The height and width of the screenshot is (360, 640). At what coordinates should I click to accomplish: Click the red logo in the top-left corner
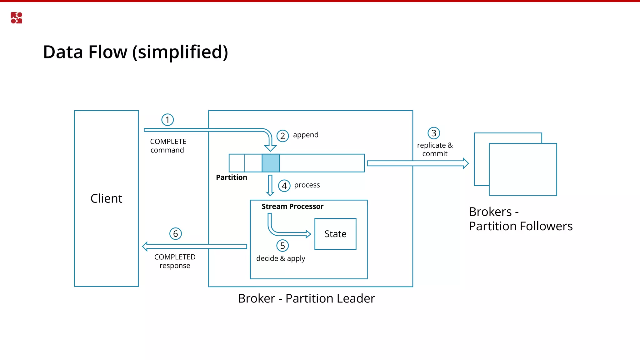pos(16,18)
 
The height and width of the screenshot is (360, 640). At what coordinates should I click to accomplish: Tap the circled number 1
pos(167,120)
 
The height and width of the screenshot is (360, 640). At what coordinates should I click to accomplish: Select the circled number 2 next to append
pos(282,136)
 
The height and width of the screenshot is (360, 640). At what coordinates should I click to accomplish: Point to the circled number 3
pos(434,133)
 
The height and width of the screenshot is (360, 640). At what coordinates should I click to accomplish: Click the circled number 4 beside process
pos(284,186)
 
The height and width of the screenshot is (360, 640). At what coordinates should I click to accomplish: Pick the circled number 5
pos(282,246)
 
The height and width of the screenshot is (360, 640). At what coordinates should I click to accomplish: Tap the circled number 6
pos(176,234)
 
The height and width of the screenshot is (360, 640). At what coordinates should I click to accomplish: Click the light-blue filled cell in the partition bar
pos(271,163)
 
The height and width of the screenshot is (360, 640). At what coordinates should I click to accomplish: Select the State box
pos(335,234)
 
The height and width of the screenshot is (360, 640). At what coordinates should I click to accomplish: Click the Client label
pos(106,198)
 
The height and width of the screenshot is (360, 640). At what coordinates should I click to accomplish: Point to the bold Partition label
pos(232,177)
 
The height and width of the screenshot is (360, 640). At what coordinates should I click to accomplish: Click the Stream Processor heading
pos(292,207)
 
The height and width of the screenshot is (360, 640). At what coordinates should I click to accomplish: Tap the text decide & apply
pos(281,258)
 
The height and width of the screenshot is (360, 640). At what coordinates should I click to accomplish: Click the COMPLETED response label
pos(175,261)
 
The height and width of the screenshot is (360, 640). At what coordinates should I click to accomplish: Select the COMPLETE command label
pos(168,146)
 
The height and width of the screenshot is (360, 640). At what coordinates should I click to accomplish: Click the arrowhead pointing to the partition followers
pos(466,163)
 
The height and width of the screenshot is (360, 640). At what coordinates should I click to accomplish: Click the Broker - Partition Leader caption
pos(306,298)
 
